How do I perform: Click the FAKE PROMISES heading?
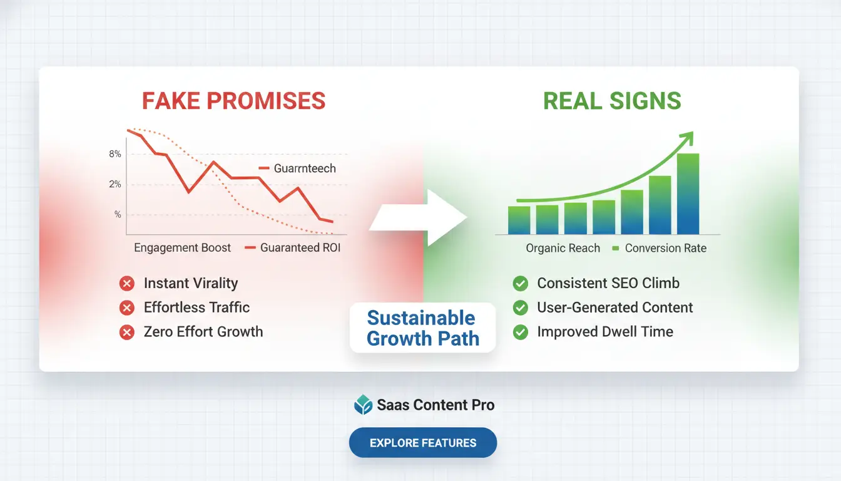point(233,101)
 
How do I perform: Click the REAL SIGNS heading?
point(612,101)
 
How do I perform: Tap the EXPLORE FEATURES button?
point(423,443)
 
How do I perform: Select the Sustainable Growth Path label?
point(423,328)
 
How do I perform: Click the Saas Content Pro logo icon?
point(363,405)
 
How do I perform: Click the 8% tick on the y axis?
point(115,154)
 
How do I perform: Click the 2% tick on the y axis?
point(115,184)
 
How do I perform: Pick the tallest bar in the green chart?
point(688,194)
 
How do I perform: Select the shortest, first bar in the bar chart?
point(519,220)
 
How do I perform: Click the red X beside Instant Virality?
point(127,284)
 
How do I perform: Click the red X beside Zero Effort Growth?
point(127,333)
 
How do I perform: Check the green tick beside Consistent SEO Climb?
point(520,284)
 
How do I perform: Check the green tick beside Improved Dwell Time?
point(520,333)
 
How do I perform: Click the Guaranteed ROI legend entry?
point(293,247)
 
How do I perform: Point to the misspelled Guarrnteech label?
point(304,168)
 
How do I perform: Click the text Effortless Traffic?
point(196,308)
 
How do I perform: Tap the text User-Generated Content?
point(614,308)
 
